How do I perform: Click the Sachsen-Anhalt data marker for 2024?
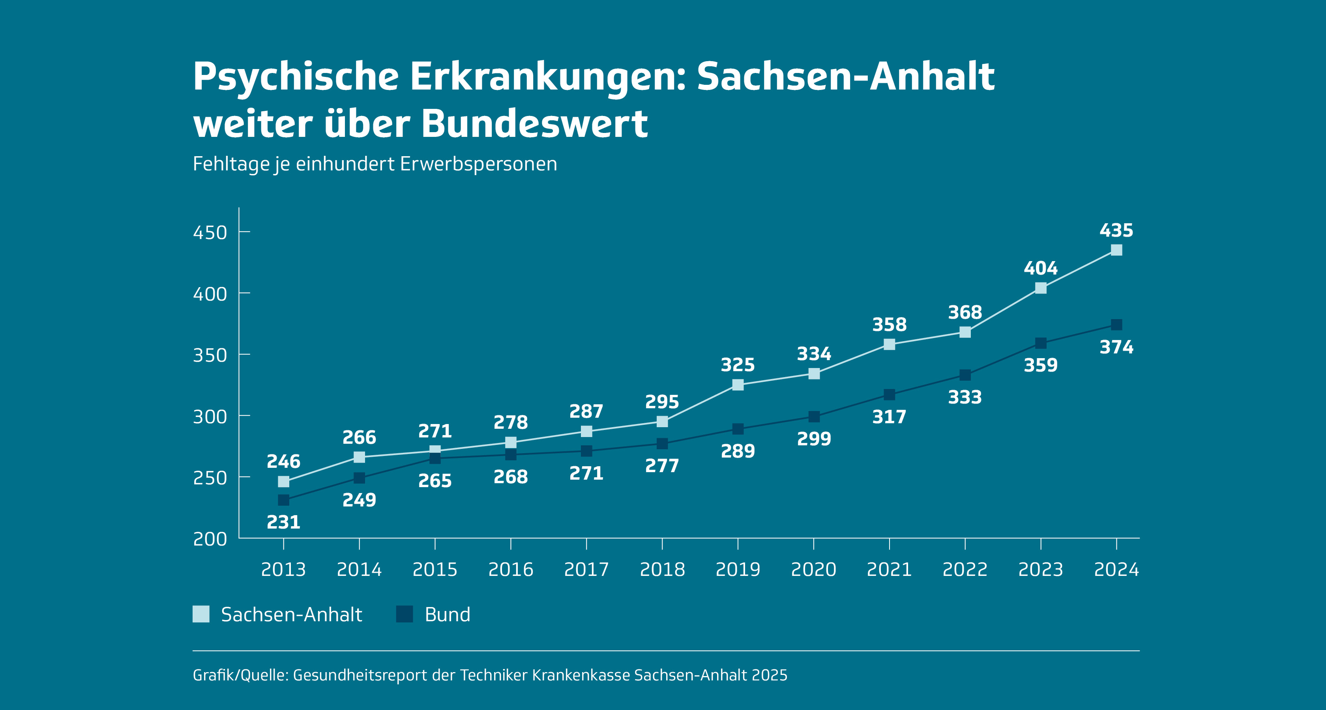1116,250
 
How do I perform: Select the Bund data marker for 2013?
284,500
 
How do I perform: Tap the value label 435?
1116,230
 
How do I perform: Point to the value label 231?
284,522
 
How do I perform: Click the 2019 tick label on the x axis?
738,570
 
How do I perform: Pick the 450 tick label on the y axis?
210,233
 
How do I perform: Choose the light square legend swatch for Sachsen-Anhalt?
201,614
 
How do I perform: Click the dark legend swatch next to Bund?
405,614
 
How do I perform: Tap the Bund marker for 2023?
1040,343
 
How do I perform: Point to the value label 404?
1040,268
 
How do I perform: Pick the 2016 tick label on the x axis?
511,570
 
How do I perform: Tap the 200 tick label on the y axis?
210,539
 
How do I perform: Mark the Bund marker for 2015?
435,458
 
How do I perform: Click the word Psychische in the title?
296,76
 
